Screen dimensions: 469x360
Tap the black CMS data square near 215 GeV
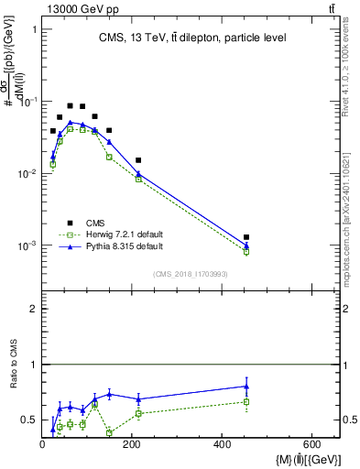pyautogui.click(x=138, y=160)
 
